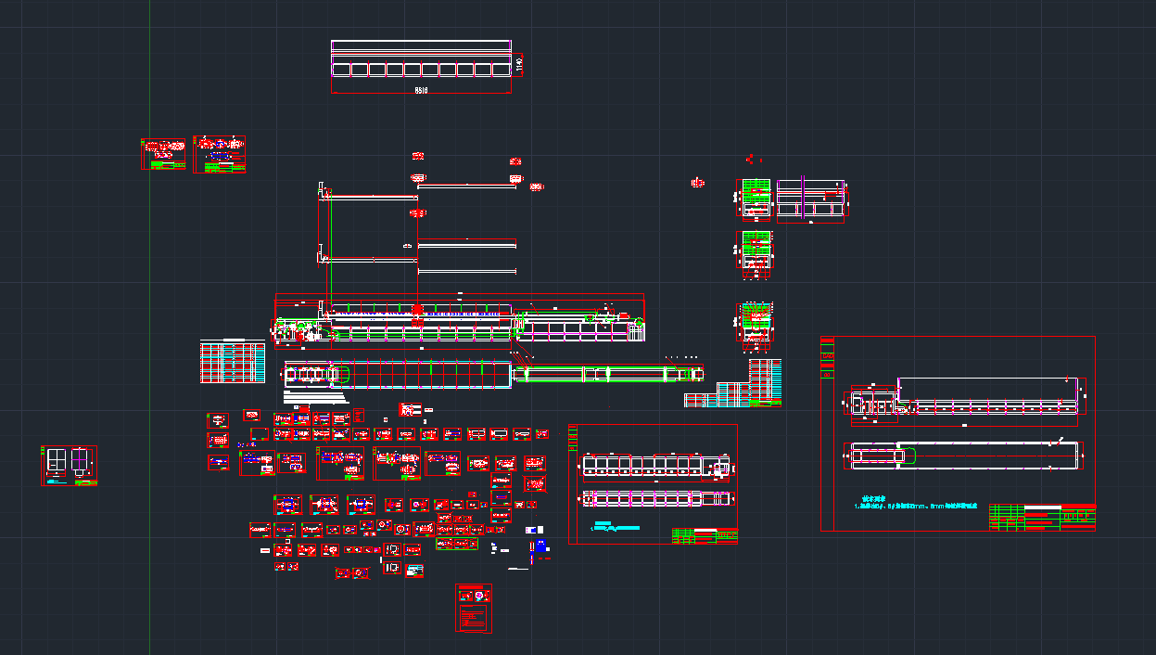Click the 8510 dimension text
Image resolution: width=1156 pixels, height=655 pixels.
coord(421,90)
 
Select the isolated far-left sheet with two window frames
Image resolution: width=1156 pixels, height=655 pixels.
coord(69,465)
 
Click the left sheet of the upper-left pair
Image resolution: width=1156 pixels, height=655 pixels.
coord(162,154)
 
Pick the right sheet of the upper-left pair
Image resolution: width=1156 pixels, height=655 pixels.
coord(220,154)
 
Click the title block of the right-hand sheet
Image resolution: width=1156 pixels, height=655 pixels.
coord(1042,518)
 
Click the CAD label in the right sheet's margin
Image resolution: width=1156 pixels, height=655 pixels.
coord(827,356)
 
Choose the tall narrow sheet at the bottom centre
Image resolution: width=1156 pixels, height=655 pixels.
coord(474,608)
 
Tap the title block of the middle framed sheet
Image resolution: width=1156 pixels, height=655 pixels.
coord(705,535)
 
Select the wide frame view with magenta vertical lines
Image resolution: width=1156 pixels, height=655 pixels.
coord(811,200)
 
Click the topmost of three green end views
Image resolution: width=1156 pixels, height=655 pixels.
coord(756,198)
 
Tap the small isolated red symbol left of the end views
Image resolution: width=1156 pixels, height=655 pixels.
coord(698,183)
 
